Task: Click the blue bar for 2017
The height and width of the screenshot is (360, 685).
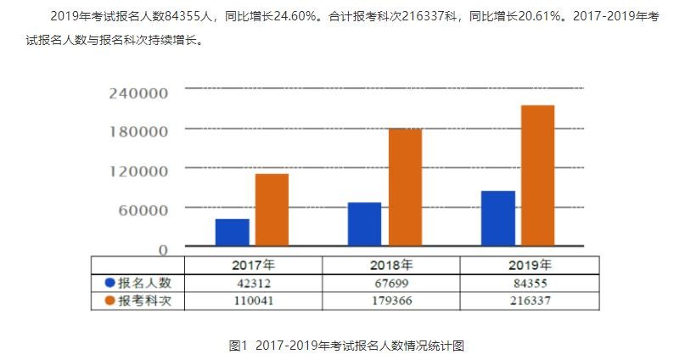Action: coord(232,232)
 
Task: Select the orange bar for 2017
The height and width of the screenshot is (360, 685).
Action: coord(272,210)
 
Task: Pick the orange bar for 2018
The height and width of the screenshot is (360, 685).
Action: coord(405,187)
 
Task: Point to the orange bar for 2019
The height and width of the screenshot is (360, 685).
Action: coord(537,175)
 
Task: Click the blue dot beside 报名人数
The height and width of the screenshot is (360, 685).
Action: coord(109,283)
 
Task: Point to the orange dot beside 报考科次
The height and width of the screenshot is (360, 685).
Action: coord(109,301)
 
